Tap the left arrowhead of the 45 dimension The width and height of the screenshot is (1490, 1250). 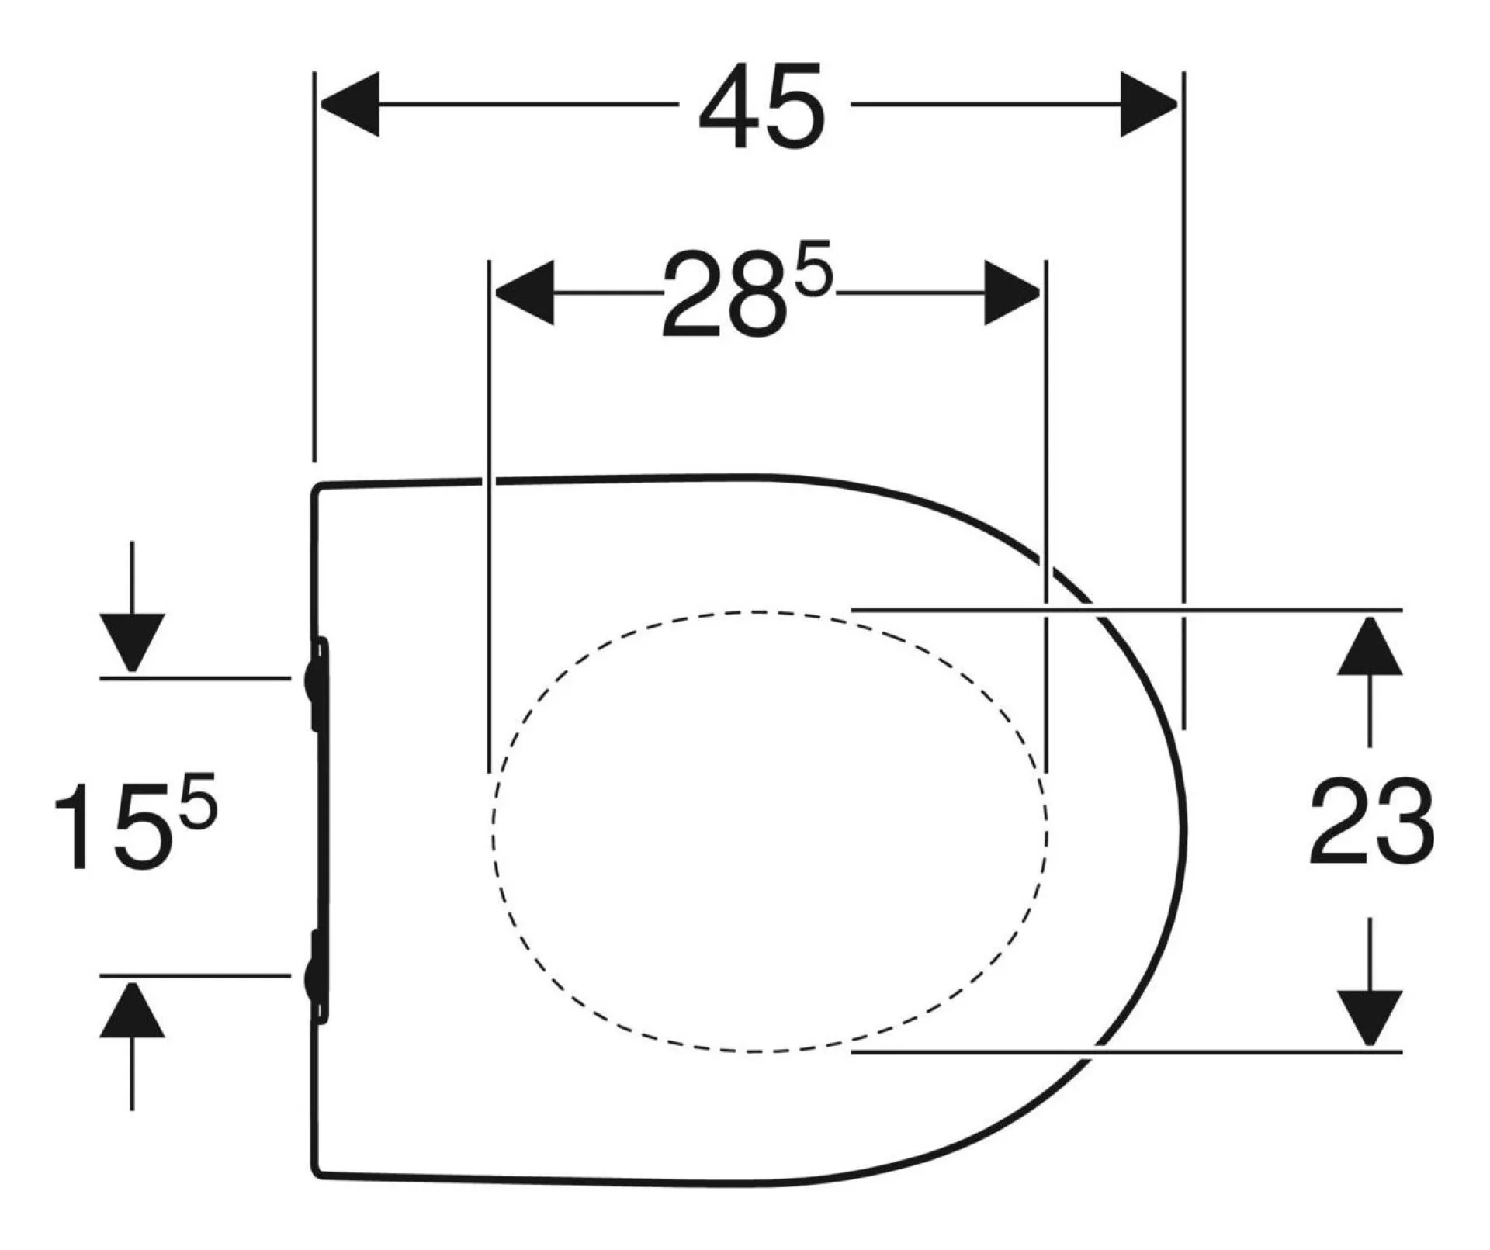click(349, 104)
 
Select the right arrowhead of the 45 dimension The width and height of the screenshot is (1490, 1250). click(1149, 104)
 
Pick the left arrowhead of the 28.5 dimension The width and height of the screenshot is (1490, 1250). click(524, 293)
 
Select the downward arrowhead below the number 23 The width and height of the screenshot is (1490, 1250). click(1370, 1019)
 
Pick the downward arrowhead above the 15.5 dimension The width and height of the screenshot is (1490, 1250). click(132, 642)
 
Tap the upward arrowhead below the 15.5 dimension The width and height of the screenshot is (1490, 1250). click(132, 1010)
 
